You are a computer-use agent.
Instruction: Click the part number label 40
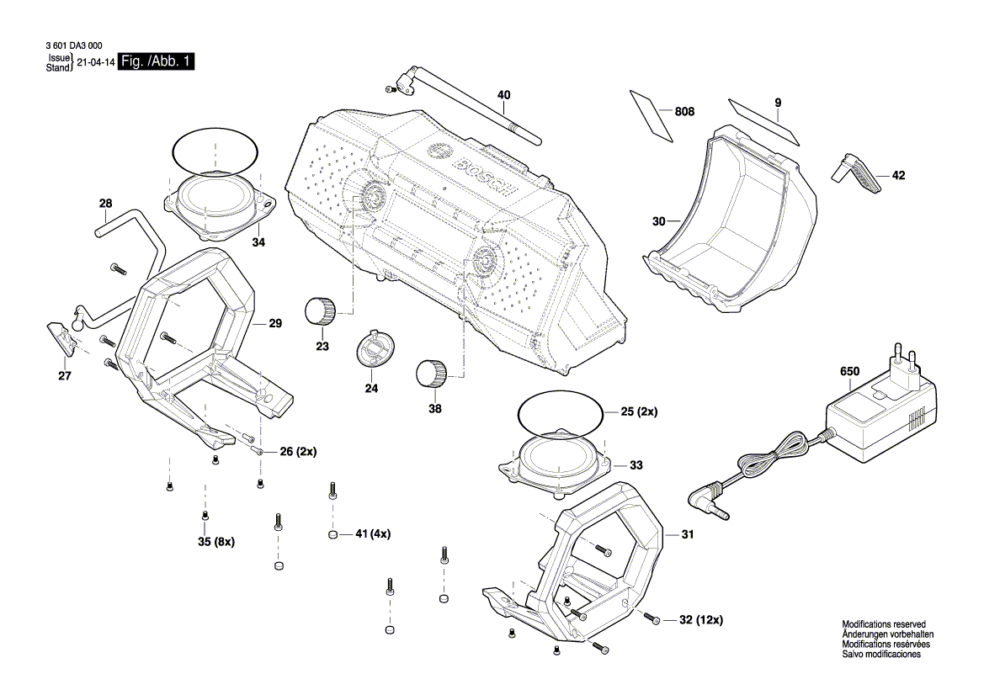click(x=503, y=95)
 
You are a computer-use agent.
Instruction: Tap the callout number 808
click(x=685, y=111)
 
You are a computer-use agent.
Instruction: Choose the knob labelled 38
click(x=431, y=373)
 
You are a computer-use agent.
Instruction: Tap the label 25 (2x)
click(x=640, y=413)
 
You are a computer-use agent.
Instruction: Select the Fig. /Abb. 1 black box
click(x=157, y=62)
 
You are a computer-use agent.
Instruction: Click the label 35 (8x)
click(x=216, y=541)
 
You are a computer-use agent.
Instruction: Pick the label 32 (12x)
click(x=700, y=620)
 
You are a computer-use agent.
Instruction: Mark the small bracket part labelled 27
click(x=62, y=339)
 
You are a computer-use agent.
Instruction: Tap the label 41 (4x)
click(x=373, y=534)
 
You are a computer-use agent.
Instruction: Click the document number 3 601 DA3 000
click(x=72, y=48)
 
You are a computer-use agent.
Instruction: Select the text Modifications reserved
click(x=884, y=624)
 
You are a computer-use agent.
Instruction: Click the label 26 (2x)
click(x=298, y=452)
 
